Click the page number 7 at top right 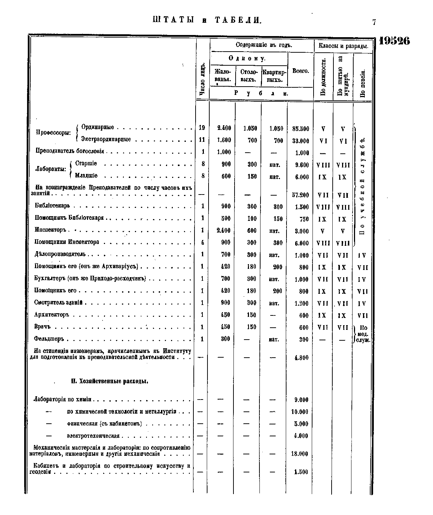click(374, 22)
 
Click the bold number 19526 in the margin click(394, 41)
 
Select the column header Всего click(300, 71)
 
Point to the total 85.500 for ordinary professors click(301, 128)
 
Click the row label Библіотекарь click(52, 206)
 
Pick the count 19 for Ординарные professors click(202, 128)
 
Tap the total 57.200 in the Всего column click(301, 195)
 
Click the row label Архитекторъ click(52, 315)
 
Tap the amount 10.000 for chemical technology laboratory click(300, 412)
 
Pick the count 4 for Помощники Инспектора click(202, 243)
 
